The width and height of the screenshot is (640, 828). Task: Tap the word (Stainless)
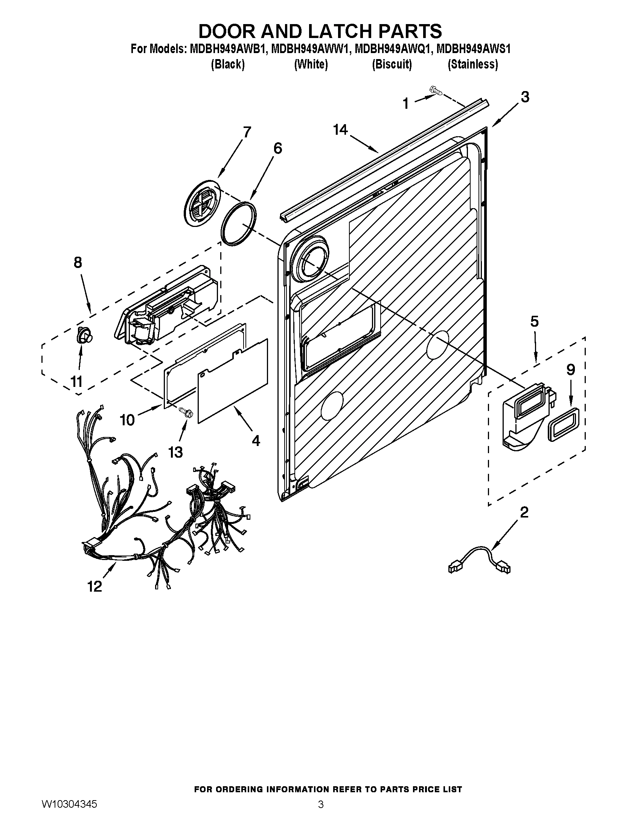[472, 64]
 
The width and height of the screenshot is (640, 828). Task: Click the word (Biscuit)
[392, 64]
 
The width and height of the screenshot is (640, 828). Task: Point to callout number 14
[340, 130]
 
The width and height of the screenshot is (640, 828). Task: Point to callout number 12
[95, 586]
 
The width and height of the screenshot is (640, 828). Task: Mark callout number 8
[78, 262]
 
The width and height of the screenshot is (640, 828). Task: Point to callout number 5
[534, 321]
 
